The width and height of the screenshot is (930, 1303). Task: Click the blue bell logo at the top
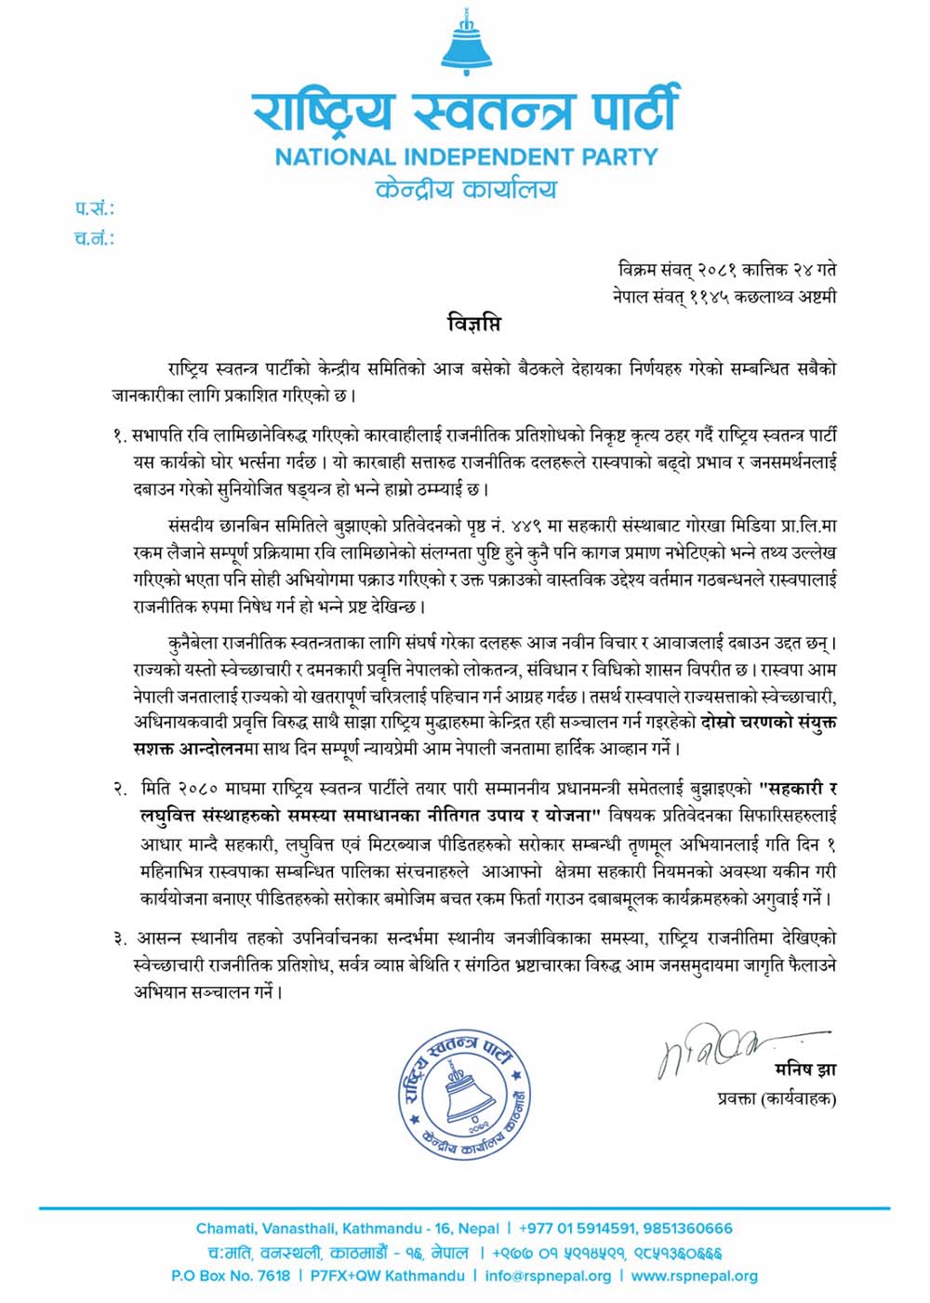pos(465,44)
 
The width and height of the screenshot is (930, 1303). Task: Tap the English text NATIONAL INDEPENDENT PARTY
pos(466,156)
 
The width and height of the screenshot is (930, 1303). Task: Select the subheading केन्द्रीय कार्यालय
pos(466,190)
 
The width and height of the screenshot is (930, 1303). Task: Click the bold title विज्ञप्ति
pos(473,325)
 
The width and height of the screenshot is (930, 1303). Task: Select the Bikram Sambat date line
pos(726,270)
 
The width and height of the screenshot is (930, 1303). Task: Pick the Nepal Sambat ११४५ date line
pos(724,297)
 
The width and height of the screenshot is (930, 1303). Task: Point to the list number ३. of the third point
pos(120,939)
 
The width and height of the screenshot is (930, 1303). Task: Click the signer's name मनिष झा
pos(805,1070)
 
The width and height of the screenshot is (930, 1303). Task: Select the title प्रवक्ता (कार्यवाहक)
pos(777,1098)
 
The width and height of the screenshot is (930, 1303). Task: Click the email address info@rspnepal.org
pos(548,1276)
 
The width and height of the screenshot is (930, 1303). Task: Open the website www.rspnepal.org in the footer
pos(694,1276)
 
